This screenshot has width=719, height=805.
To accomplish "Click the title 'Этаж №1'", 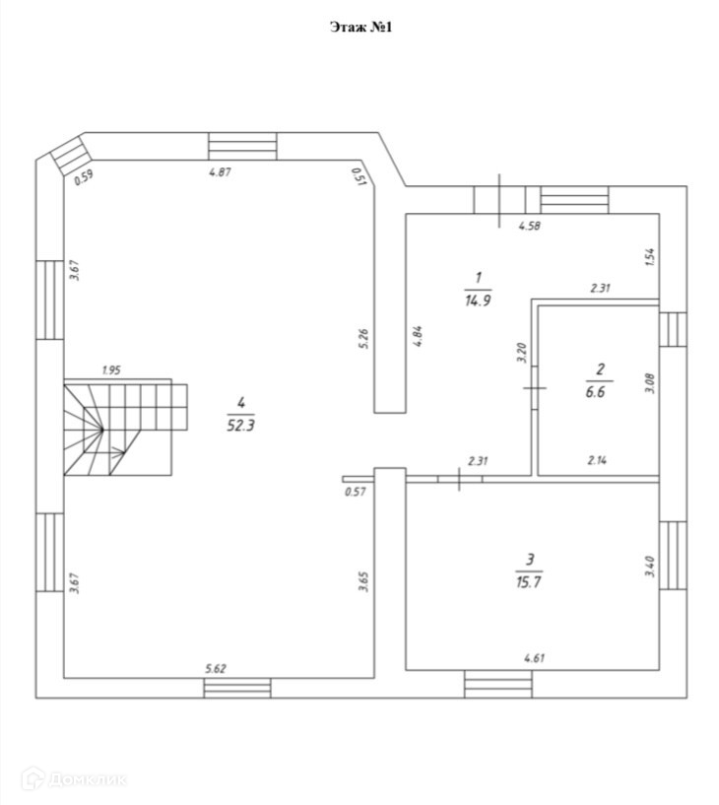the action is click(360, 28).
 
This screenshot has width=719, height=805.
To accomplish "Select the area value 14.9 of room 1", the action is click(478, 302).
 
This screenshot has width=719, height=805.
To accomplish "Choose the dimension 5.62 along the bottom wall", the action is click(216, 669).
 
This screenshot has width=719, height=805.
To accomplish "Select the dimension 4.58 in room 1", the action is click(531, 226).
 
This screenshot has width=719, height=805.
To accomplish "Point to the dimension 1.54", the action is click(649, 258).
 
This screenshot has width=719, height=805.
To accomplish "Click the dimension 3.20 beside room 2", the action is click(522, 353).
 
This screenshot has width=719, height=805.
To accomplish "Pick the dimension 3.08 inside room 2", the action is click(648, 382).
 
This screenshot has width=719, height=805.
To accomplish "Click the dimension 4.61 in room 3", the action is click(535, 656).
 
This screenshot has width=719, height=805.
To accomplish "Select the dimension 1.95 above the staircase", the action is click(111, 370).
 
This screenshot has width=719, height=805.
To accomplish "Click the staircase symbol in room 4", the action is click(124, 427).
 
